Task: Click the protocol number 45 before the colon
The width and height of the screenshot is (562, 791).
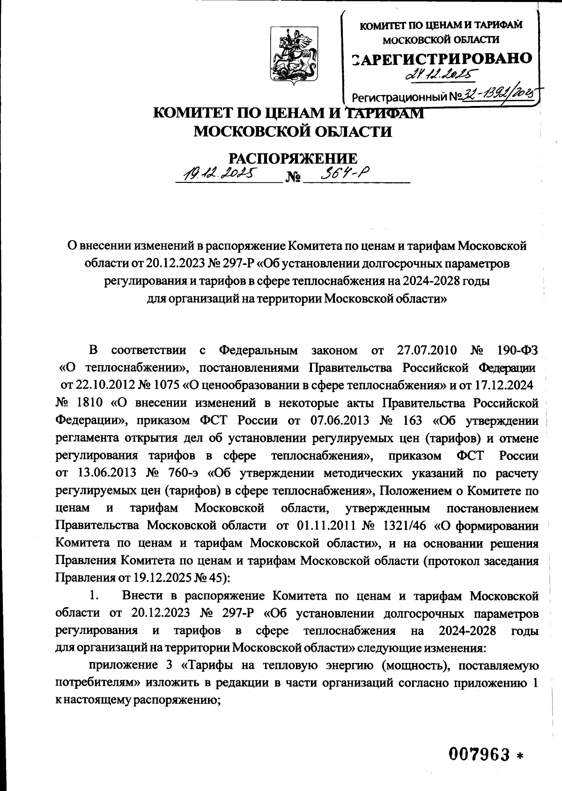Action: pos(217,577)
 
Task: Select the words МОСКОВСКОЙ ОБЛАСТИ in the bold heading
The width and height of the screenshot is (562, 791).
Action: pos(293,131)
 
